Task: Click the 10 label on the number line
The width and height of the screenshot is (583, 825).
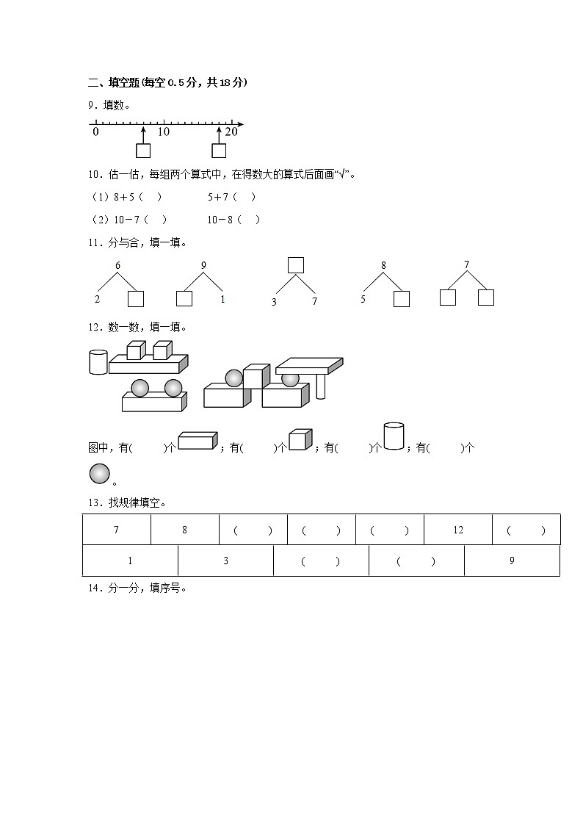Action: click(x=163, y=132)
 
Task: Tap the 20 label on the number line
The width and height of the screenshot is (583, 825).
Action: click(x=231, y=132)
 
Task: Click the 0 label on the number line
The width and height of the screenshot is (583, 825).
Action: click(x=95, y=132)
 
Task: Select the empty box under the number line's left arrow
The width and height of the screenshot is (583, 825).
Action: click(x=143, y=151)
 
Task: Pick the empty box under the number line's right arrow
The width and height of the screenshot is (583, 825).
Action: click(x=219, y=151)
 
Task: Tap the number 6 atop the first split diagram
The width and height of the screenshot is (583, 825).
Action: click(x=117, y=266)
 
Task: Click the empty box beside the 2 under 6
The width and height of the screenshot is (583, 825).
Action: click(x=136, y=299)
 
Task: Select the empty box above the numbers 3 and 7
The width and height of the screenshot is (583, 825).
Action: click(x=295, y=265)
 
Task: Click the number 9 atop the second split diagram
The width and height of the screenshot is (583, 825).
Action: click(x=203, y=266)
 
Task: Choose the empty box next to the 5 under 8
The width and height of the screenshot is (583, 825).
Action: click(x=401, y=299)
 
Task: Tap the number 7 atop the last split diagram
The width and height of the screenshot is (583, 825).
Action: click(x=466, y=265)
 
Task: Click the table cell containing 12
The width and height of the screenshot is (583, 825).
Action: click(x=458, y=530)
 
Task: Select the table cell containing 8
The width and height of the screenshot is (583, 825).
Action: click(x=184, y=530)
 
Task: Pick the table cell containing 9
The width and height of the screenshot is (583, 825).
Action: click(x=512, y=561)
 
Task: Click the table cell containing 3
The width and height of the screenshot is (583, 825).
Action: click(x=225, y=561)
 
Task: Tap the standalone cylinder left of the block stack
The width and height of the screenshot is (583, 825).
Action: click(x=98, y=362)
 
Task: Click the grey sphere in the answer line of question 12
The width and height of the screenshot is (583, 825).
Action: click(x=99, y=475)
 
